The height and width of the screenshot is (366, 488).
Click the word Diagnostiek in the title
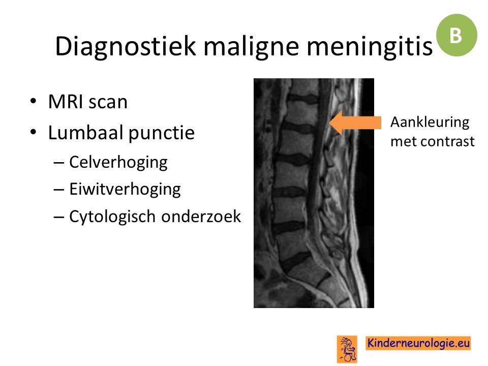coord(126,46)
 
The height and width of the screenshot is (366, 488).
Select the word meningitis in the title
coord(370,46)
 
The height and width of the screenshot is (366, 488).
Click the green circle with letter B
coord(456,35)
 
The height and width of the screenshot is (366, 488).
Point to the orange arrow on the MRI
coord(355,123)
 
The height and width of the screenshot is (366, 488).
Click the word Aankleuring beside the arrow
coord(430,123)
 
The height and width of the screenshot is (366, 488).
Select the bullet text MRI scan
coord(88,102)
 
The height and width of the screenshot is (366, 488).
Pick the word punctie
coord(162,133)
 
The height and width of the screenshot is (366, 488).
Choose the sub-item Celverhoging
coord(118,162)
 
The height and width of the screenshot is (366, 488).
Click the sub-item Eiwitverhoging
coord(125,189)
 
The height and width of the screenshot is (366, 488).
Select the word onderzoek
coord(201,217)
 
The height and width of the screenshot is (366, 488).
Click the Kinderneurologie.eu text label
coord(418,343)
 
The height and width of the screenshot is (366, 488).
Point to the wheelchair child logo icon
coord(347,349)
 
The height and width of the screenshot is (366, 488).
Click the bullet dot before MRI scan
coord(34,101)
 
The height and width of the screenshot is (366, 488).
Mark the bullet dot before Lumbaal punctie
coord(34,132)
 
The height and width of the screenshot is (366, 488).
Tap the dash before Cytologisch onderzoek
coord(58,217)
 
